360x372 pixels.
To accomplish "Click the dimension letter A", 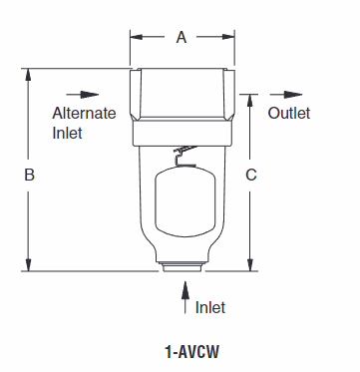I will tap(180, 38).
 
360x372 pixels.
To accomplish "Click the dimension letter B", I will tap(30, 175).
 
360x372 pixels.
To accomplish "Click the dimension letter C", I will tap(251, 175).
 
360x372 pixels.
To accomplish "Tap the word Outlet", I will tap(288, 113).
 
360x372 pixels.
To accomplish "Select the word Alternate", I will tap(84, 113).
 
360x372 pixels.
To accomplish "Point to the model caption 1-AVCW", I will tap(188, 351).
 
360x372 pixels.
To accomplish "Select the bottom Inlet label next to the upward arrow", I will tap(210, 307).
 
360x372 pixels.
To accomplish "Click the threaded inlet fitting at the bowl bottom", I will tap(183, 268).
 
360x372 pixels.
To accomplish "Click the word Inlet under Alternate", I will tap(68, 132).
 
